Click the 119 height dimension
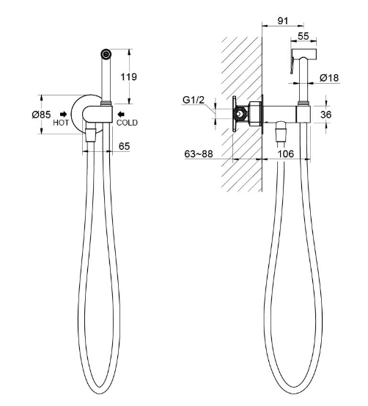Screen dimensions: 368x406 coord(129,77)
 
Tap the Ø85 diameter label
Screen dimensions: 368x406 coord(41,115)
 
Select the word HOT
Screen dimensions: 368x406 coord(61,123)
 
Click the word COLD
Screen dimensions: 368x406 coord(127,123)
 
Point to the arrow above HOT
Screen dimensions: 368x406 coord(63,115)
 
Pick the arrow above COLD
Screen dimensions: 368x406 coord(121,115)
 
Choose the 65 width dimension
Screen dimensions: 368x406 coord(124,146)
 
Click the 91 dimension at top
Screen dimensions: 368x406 coord(283,21)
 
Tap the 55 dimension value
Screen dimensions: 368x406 coord(303,36)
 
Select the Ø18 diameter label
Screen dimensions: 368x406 coord(329,78)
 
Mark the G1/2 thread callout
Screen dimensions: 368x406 coord(194,100)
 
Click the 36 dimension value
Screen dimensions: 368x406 coord(325,115)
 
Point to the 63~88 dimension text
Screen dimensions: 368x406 coord(199,154)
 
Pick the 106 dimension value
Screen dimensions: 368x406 coord(286,154)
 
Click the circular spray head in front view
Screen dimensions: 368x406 coord(106,54)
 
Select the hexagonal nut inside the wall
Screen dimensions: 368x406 coord(240,114)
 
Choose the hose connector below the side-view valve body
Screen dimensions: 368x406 coord(280,132)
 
